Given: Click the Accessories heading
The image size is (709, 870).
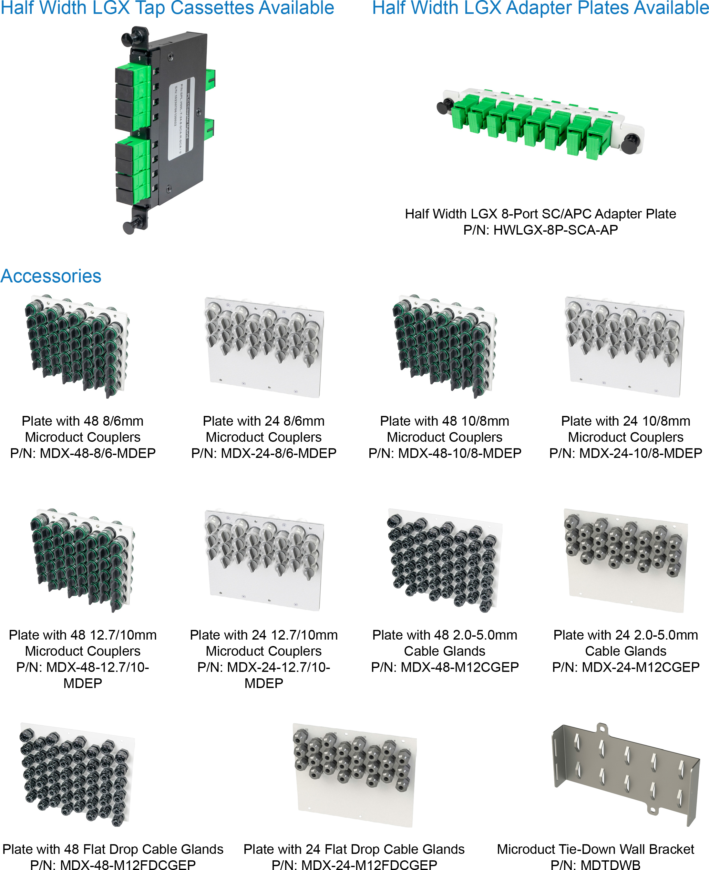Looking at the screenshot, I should tap(51, 276).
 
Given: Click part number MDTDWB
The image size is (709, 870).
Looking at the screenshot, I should tap(595, 864).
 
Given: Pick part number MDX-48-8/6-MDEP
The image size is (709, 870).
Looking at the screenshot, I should tap(83, 453).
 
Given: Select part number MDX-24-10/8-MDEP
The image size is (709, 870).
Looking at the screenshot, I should tap(625, 453).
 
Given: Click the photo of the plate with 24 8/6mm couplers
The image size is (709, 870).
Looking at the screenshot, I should tap(264, 347).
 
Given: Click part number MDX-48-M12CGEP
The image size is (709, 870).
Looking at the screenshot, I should tap(445, 667).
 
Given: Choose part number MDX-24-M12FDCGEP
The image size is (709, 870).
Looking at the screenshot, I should tap(354, 864).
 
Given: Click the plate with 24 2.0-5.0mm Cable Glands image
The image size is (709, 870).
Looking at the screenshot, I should tap(625, 559).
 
